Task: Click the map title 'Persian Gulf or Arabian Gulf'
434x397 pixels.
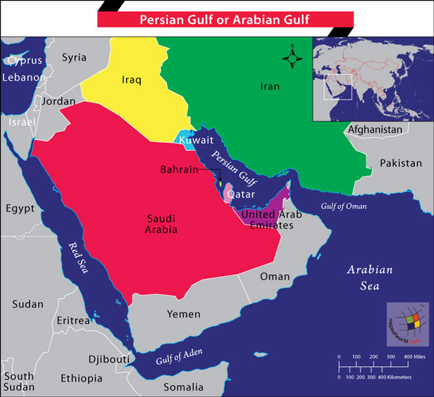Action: (224, 19)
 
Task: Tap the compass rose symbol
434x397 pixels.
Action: (293, 59)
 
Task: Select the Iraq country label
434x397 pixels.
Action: (131, 79)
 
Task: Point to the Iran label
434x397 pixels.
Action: (270, 86)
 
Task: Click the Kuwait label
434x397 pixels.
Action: (197, 140)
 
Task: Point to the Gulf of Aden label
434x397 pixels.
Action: (179, 358)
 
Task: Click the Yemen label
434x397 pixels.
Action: (184, 314)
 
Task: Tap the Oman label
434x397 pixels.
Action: (275, 276)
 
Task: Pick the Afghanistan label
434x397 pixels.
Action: (375, 130)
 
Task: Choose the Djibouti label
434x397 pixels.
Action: (109, 359)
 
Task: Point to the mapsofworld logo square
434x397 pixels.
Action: (407, 323)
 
